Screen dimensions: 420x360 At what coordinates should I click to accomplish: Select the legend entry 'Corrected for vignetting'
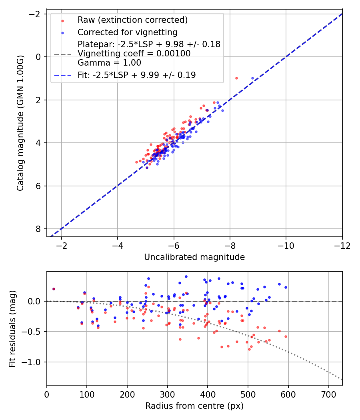(128, 32)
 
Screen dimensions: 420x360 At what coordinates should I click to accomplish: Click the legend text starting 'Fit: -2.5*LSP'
(137, 75)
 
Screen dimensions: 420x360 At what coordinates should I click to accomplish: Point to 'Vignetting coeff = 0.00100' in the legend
(134, 54)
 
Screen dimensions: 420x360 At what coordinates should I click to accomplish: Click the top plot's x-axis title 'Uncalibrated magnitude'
(194, 257)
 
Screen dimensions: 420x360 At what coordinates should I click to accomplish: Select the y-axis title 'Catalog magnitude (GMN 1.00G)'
(21, 123)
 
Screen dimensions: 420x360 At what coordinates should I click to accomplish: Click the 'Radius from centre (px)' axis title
(194, 406)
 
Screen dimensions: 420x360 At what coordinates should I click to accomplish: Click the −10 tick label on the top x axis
(286, 245)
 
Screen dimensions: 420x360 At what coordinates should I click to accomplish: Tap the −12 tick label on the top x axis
(342, 245)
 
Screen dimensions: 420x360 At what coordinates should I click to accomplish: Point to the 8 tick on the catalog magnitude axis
(38, 229)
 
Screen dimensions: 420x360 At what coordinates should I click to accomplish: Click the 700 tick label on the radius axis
(328, 394)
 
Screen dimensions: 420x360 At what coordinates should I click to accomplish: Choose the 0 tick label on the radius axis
(47, 394)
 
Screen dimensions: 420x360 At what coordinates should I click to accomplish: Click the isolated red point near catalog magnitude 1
(236, 78)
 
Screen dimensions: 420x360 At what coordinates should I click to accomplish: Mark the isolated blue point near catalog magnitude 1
(252, 78)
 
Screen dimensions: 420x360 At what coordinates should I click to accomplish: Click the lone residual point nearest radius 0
(54, 289)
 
